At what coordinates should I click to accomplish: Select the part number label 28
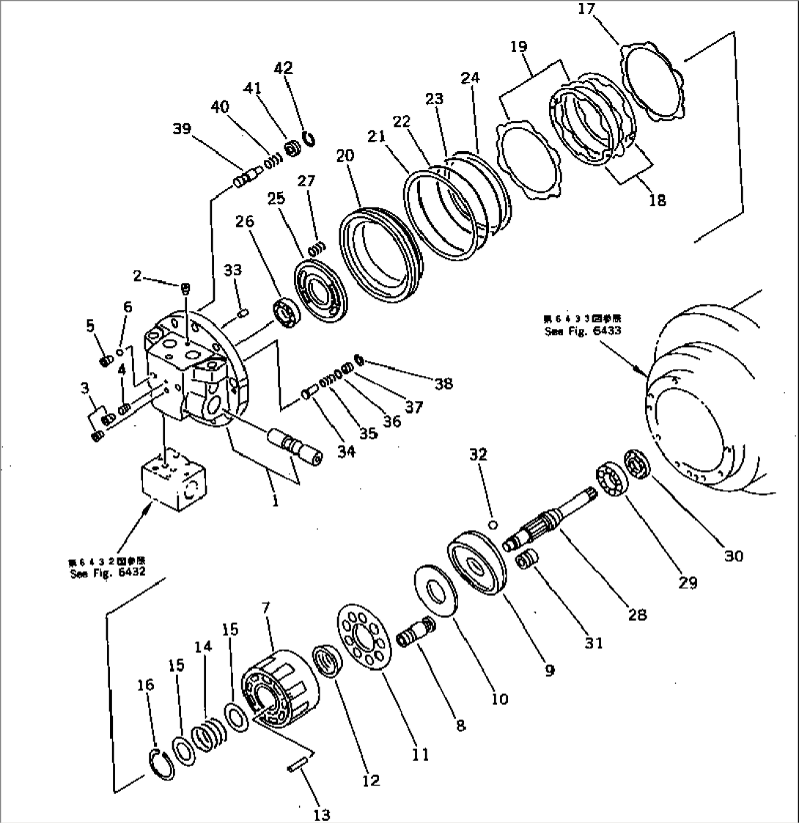[x=637, y=615]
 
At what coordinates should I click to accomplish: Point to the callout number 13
[x=321, y=814]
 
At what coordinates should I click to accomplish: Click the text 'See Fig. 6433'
[x=582, y=331]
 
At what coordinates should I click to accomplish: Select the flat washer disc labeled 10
[x=438, y=590]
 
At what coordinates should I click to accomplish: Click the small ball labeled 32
[x=494, y=524]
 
